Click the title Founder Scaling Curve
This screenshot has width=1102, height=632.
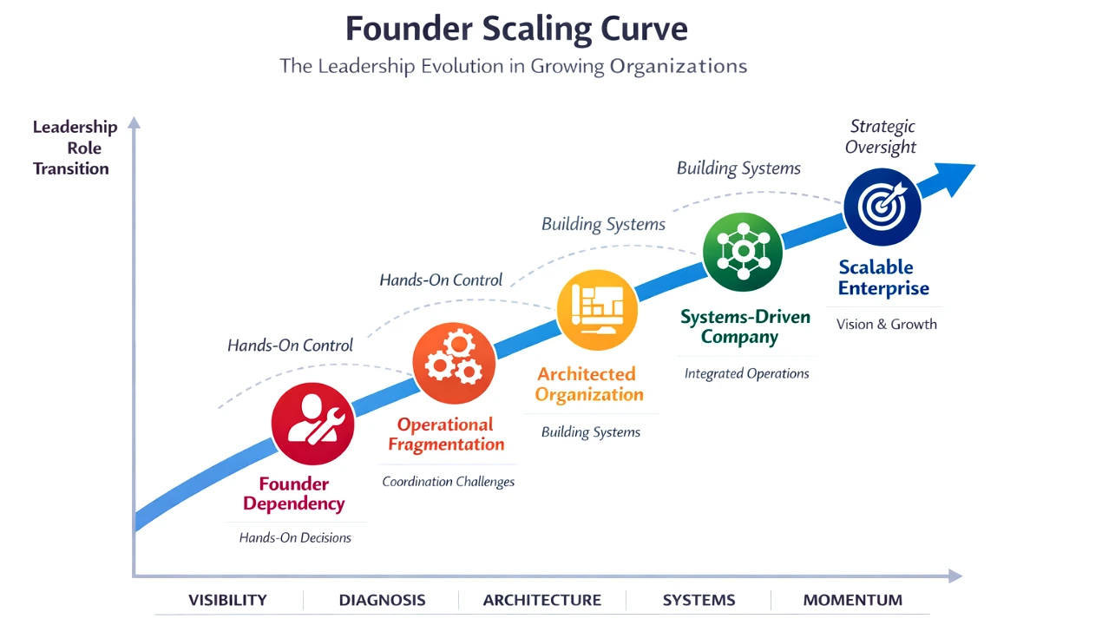click(x=516, y=29)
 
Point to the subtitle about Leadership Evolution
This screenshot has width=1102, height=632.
click(x=513, y=66)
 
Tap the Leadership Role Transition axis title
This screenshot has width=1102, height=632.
click(x=74, y=148)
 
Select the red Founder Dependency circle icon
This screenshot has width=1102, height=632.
click(x=312, y=424)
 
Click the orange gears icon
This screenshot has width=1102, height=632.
click(x=454, y=363)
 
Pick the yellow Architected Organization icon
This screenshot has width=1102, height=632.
click(x=597, y=310)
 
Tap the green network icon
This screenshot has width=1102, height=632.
click(x=742, y=251)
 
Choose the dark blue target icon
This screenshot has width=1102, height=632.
click(x=882, y=207)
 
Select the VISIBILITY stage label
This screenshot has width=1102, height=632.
click(x=227, y=600)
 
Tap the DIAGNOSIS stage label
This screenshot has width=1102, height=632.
click(x=382, y=600)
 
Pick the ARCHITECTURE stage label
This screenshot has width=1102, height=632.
click(x=541, y=600)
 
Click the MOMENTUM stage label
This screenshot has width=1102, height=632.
click(x=852, y=600)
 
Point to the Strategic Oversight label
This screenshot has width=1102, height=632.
click(x=882, y=136)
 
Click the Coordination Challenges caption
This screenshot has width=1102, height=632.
click(x=448, y=481)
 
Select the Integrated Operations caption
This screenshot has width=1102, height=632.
click(x=746, y=373)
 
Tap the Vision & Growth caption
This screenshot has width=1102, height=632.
click(x=886, y=324)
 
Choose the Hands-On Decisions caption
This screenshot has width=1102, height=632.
click(x=295, y=537)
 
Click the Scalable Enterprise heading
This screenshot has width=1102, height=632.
click(x=883, y=278)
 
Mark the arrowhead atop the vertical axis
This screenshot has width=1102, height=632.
click(x=134, y=122)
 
